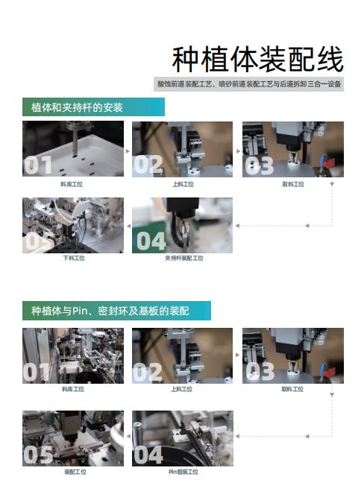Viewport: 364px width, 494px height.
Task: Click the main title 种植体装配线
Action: [x=257, y=60]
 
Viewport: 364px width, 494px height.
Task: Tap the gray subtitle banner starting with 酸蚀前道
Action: [x=248, y=84]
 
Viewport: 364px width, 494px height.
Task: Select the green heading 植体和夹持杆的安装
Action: [x=93, y=107]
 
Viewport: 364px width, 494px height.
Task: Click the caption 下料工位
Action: [x=74, y=258]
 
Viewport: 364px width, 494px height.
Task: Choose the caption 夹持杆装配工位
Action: [x=184, y=258]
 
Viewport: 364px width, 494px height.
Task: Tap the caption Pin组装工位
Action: [x=183, y=472]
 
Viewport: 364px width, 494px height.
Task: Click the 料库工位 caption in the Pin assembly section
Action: [x=73, y=389]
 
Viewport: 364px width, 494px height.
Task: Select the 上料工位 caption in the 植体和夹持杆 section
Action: [x=183, y=184]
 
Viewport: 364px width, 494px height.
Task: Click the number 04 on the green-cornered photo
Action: [x=151, y=241]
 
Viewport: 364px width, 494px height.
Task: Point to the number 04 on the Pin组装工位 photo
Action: [x=148, y=455]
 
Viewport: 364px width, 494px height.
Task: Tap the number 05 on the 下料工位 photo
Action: [x=37, y=242]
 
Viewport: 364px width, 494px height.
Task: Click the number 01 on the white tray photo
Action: [x=38, y=165]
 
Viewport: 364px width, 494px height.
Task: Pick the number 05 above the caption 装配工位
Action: [x=38, y=455]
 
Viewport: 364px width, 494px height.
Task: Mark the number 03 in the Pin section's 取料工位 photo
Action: [x=260, y=371]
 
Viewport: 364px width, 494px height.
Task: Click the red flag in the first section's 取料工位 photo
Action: [x=330, y=162]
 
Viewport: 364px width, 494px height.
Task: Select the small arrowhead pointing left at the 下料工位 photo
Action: [x=128, y=226]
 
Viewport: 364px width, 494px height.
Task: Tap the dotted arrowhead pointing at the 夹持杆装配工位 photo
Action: [x=237, y=226]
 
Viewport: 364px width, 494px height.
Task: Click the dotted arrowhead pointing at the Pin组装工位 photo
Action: [x=237, y=436]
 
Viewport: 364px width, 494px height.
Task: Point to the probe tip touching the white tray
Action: [x=75, y=155]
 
